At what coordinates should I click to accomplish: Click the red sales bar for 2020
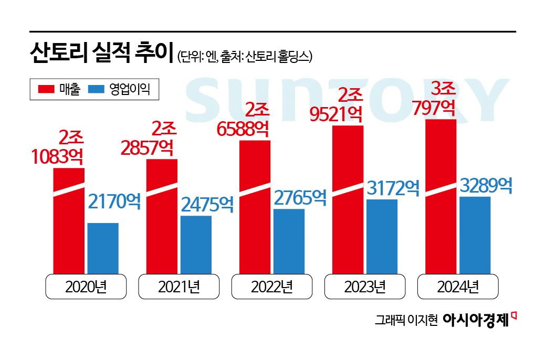tap(69, 226)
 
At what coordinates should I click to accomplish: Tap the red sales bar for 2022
tap(255, 210)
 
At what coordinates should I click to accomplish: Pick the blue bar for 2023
tap(382, 236)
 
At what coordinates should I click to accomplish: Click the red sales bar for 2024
tap(440, 199)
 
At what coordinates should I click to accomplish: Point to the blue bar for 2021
tap(196, 245)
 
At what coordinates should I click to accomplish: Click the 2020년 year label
tap(86, 287)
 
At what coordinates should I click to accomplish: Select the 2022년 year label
tap(271, 287)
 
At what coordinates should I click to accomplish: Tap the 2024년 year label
tap(457, 287)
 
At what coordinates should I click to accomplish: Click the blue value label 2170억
tap(114, 201)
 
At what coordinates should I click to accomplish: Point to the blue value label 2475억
tap(207, 205)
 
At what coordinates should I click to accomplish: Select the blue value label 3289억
tap(486, 186)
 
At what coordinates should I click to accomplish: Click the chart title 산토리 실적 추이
tap(101, 54)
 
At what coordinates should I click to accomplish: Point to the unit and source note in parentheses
tap(245, 56)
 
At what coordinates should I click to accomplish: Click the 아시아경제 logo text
tap(476, 320)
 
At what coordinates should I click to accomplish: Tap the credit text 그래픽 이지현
tap(406, 320)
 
